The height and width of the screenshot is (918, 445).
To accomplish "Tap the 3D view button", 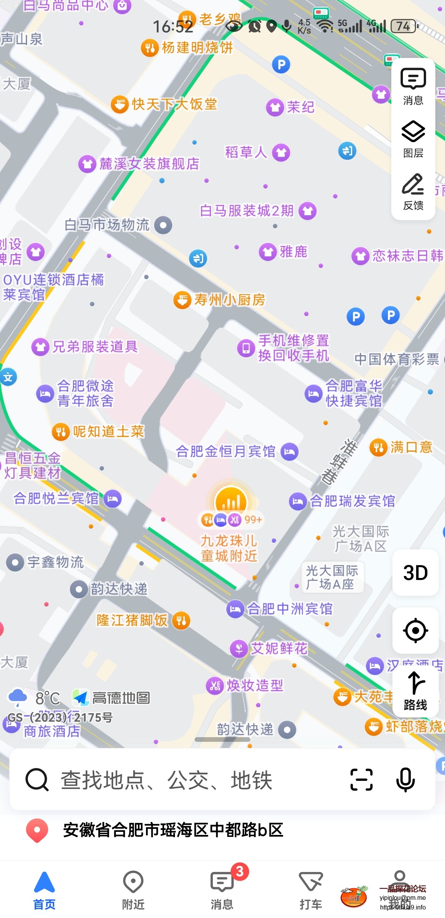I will click(x=415, y=573).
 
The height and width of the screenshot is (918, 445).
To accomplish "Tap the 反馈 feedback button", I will click(x=413, y=192).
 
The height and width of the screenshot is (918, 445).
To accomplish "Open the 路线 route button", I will click(x=415, y=692).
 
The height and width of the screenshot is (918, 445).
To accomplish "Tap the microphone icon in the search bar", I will click(x=406, y=780).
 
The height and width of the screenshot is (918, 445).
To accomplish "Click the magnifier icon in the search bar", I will click(x=37, y=780).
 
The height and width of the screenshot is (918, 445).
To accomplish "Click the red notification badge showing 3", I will click(x=240, y=871).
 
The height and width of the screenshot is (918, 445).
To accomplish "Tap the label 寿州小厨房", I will click(x=229, y=300).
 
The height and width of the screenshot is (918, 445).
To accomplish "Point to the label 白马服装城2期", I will click(x=247, y=211).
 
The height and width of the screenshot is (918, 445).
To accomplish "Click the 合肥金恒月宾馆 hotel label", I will click(x=226, y=451).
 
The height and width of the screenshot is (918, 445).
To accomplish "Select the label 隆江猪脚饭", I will click(x=132, y=620).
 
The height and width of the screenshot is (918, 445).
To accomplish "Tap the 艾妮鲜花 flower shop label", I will click(x=279, y=648).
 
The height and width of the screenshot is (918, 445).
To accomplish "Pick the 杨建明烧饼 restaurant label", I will click(x=197, y=48).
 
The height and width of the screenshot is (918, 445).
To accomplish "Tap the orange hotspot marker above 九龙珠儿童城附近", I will click(x=231, y=501).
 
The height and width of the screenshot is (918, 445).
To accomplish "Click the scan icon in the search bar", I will click(x=361, y=780).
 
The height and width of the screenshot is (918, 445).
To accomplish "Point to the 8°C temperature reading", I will click(x=47, y=698).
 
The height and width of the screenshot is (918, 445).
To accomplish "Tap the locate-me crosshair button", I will click(x=415, y=631).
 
